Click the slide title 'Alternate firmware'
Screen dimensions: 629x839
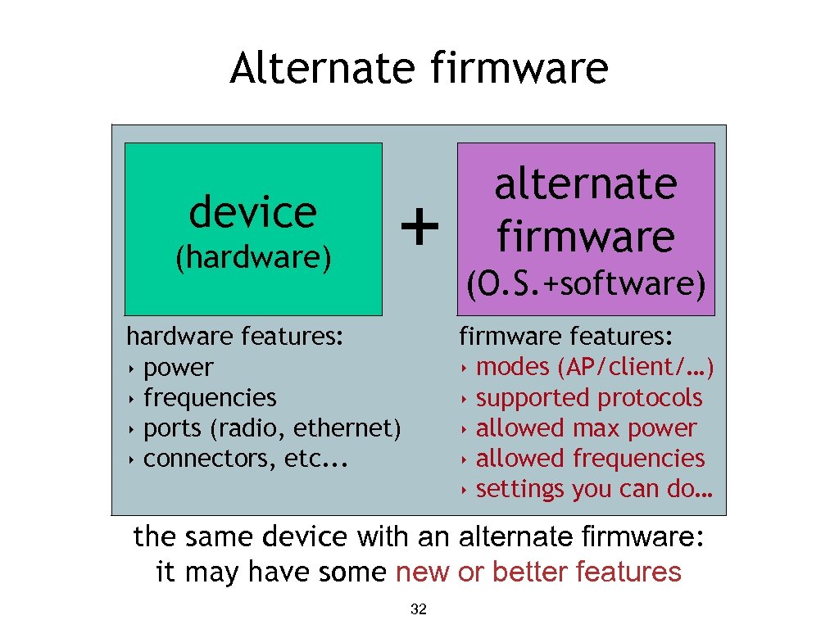[x=419, y=69]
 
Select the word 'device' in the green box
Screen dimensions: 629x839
[x=252, y=212]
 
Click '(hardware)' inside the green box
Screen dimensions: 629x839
[x=253, y=257]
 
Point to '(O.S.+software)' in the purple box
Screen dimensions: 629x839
[x=585, y=284]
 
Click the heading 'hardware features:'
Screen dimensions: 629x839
[x=234, y=337]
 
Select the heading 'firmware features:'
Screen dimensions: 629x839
[x=566, y=337]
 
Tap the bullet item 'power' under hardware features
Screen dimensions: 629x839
[x=178, y=368]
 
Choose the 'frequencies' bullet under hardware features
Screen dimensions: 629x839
[x=210, y=398]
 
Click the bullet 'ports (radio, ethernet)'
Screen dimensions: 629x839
[x=272, y=428]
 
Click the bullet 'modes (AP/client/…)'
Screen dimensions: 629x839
[x=595, y=368]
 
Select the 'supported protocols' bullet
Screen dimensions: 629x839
[x=589, y=398]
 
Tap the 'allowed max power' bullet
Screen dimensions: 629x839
[x=586, y=428]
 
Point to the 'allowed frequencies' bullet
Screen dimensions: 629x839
[x=590, y=459]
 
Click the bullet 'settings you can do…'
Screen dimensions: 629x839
[x=594, y=489]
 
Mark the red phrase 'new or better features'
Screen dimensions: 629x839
[x=538, y=572]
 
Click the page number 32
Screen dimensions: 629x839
[x=418, y=609]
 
